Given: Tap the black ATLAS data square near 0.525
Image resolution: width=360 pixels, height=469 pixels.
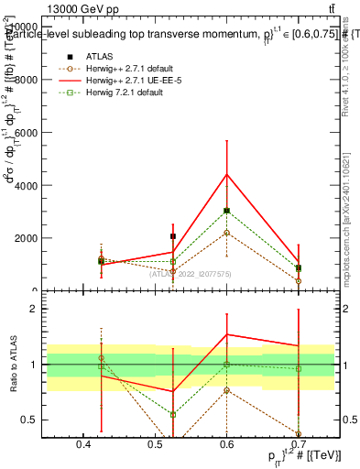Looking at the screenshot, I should click(172, 236).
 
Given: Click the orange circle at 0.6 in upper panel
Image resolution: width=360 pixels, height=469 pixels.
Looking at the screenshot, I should click(227, 232).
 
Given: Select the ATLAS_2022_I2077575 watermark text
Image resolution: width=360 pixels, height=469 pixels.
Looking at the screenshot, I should click(191, 273).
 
